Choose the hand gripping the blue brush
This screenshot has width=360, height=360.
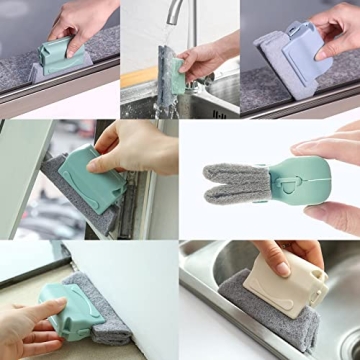340,30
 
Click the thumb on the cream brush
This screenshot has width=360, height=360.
275,255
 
